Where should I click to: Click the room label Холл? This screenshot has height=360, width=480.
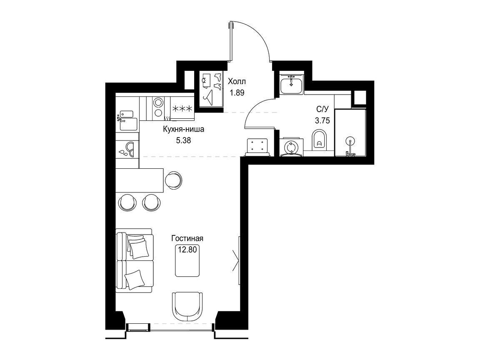click(x=237, y=82)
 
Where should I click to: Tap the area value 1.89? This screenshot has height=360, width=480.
click(x=237, y=93)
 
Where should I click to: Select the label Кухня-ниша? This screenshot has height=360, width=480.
click(x=183, y=129)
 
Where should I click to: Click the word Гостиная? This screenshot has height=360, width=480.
click(x=187, y=238)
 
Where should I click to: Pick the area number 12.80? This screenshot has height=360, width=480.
click(x=187, y=250)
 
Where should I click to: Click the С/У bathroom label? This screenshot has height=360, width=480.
click(x=322, y=109)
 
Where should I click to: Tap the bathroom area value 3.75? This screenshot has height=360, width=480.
click(x=322, y=120)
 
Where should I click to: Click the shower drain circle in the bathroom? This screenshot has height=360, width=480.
click(x=350, y=141)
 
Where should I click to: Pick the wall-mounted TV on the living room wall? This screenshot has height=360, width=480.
click(x=238, y=258)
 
